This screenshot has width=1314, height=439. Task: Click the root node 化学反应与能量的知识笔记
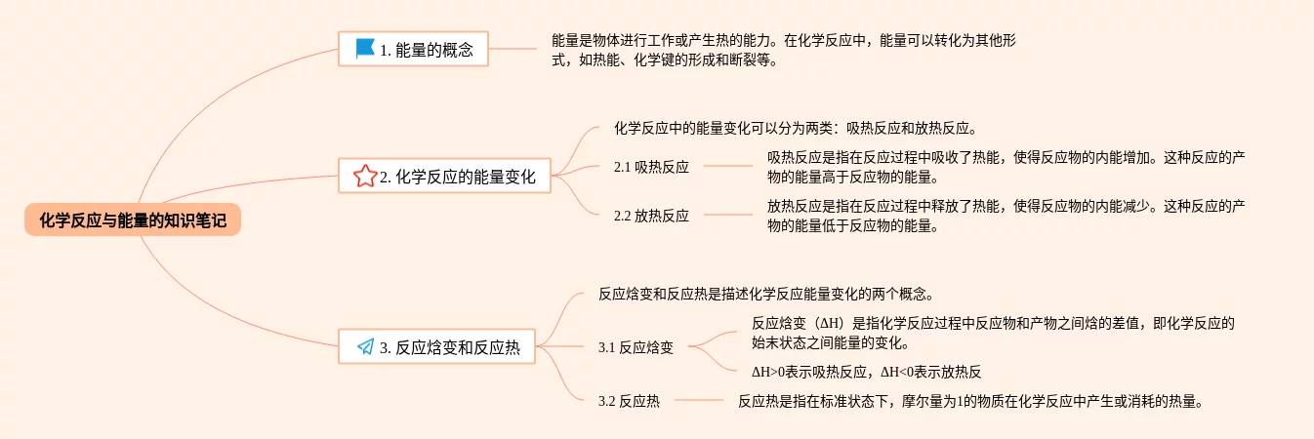click(133, 220)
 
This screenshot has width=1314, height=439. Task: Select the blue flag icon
click(365, 48)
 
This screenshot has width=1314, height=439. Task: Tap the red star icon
click(365, 177)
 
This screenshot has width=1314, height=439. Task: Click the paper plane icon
click(365, 346)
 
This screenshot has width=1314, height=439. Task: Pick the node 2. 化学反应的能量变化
click(458, 178)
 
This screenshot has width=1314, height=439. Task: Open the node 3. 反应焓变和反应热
click(449, 347)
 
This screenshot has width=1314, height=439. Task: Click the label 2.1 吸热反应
click(651, 167)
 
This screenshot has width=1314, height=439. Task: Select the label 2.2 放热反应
click(651, 217)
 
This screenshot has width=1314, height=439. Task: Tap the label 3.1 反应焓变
click(636, 347)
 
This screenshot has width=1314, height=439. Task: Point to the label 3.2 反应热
click(629, 400)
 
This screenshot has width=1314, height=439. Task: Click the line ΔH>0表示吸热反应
click(866, 371)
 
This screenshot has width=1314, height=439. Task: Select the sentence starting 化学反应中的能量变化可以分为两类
click(795, 128)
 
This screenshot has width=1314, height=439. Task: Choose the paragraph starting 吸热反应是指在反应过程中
click(1006, 167)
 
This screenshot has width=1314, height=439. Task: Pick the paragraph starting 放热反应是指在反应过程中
click(1006, 217)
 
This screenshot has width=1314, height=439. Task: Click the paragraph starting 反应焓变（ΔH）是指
click(994, 333)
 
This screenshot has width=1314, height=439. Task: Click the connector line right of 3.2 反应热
click(698, 400)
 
